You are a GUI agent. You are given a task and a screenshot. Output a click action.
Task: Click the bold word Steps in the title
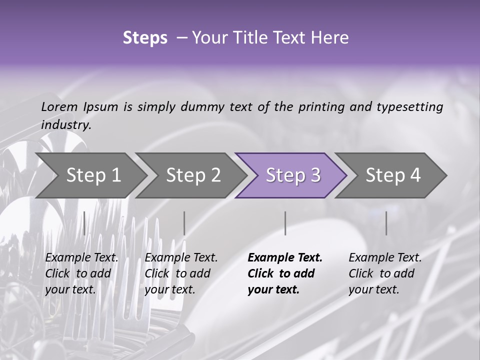coord(145,38)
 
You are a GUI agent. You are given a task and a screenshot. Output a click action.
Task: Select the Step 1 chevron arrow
coord(93,175)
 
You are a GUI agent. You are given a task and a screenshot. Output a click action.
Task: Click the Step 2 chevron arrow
coord(193,175)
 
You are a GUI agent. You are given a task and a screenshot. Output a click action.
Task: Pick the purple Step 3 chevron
coord(293,175)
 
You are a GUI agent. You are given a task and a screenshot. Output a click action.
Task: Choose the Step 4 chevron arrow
coord(393,175)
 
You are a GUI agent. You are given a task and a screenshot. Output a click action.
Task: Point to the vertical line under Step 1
coord(84,223)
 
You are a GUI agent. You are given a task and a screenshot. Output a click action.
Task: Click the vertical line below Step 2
coord(184,223)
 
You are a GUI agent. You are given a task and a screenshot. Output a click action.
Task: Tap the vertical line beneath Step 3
coord(285,223)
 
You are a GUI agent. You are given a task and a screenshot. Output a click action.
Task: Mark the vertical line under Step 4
coord(386,223)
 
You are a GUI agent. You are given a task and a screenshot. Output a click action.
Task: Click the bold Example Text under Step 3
coord(285,258)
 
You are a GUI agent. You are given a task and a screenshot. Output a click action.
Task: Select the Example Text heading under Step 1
coord(81,258)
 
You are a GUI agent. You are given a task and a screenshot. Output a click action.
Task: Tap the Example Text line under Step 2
coord(181,258)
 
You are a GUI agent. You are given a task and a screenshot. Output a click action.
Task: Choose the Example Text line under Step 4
coord(385,258)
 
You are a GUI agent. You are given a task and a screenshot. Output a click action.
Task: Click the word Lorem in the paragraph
coord(59,106)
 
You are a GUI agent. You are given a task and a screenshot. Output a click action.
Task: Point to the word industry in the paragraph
coord(65,125)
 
